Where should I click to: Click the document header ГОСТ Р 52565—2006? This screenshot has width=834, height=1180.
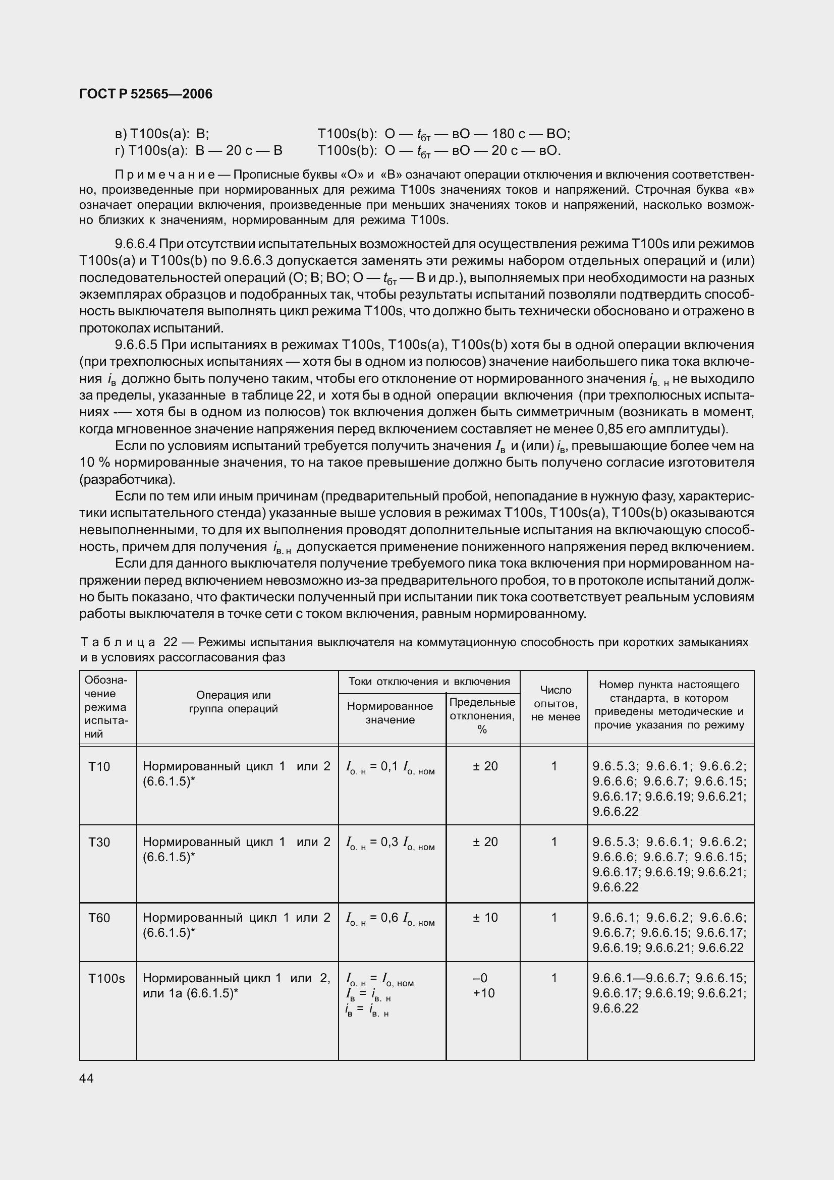[x=146, y=94]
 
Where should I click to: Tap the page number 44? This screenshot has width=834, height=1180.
[x=87, y=1078]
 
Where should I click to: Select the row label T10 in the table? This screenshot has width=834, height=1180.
[x=99, y=767]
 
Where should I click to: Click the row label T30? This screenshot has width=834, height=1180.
[x=99, y=842]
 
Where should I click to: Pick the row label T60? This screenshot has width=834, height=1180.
[x=99, y=918]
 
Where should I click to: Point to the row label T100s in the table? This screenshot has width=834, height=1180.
[x=106, y=979]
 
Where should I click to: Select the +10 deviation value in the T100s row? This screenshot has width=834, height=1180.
[x=483, y=993]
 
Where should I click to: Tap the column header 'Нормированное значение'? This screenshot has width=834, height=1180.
[x=390, y=713]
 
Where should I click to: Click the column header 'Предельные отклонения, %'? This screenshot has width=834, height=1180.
[x=482, y=715]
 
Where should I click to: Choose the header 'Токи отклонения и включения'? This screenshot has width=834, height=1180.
[x=429, y=682]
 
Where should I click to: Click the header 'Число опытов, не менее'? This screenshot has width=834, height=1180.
[x=555, y=703]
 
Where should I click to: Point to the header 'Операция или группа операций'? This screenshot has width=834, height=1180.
[x=233, y=702]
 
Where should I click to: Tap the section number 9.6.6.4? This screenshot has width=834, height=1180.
[x=136, y=244]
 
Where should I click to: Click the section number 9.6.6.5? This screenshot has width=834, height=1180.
[x=136, y=345]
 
